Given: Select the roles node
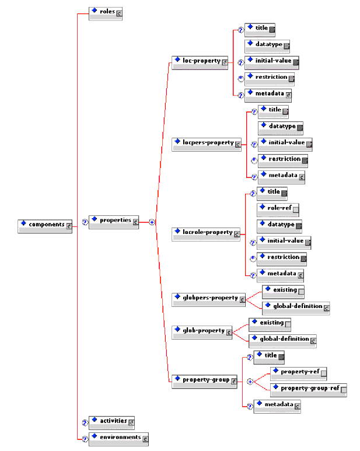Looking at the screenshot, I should (x=106, y=12).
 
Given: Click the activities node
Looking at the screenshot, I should (x=112, y=421).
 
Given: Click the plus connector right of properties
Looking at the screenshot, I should (x=152, y=222).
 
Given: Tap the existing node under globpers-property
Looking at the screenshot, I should (x=284, y=291).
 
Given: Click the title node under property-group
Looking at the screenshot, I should (x=270, y=356).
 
